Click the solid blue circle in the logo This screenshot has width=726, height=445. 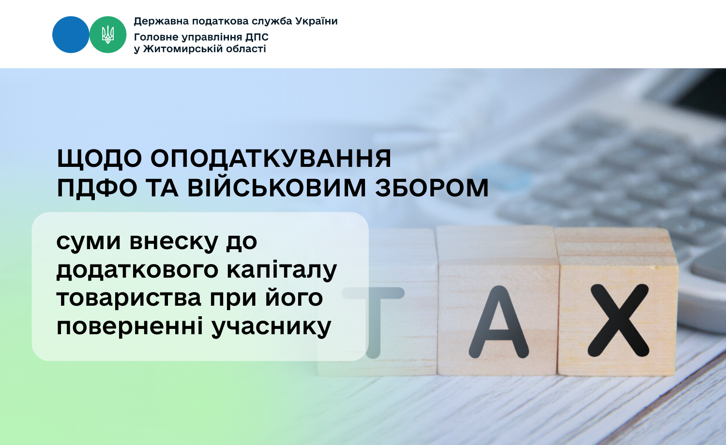[x=71, y=35]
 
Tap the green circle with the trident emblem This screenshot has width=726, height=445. [x=108, y=35]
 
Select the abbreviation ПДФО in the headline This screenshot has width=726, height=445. [x=97, y=188]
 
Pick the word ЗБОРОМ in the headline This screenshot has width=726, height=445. [x=432, y=188]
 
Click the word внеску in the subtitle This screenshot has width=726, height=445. [x=173, y=242]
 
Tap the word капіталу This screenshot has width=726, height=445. [x=282, y=270]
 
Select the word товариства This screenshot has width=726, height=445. [x=129, y=298]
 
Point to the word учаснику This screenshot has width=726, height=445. [x=271, y=327]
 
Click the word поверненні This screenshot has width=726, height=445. [x=130, y=326]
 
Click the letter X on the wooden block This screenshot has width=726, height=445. [x=619, y=321]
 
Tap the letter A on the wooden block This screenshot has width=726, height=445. [x=499, y=322]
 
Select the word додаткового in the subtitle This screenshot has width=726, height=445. [x=137, y=270]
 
